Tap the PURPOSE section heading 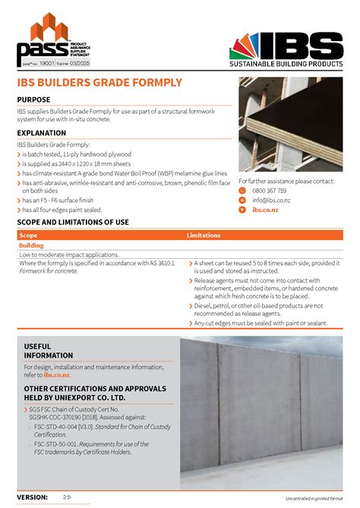tap(34, 99)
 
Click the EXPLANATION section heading tap(41, 133)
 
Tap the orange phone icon tap(242, 191)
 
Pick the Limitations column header tap(204, 235)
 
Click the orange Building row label tap(31, 245)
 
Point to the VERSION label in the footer tap(32, 496)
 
